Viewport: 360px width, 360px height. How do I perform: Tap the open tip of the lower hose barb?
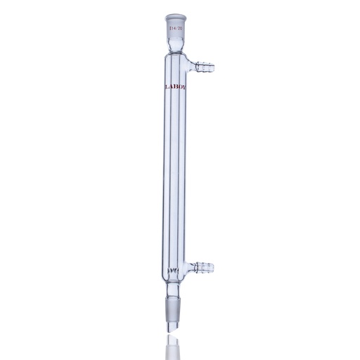(212, 266)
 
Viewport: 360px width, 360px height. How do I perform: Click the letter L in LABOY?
(163, 89)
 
